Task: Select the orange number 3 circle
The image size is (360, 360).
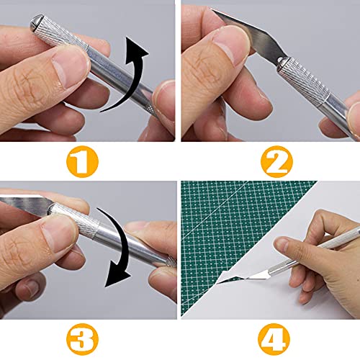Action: tap(87, 338)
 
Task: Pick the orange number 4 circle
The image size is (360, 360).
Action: tap(271, 338)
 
